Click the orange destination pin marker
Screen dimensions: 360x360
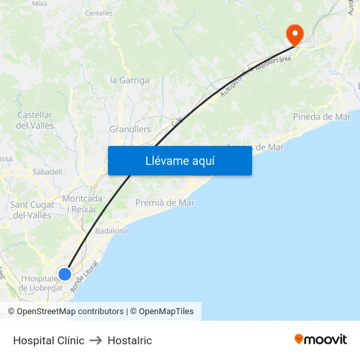pos(295,34)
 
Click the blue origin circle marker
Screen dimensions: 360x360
pos(65,274)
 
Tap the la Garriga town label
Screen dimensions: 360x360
pos(130,81)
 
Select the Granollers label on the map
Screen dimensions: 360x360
pos(130,130)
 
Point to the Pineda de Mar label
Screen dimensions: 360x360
pos(322,117)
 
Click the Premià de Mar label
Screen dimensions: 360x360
pos(165,203)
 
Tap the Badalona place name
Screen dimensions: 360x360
pos(111,231)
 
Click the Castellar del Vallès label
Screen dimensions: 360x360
pos(35,120)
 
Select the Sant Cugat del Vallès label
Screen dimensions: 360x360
pos(32,210)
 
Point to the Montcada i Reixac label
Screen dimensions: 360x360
pos(82,204)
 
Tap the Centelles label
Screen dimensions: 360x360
pos(99,12)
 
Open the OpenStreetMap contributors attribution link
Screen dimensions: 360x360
pos(70,312)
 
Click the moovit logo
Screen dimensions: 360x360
pos(321,340)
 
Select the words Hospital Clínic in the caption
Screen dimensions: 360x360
pos(49,340)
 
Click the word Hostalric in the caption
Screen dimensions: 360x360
pos(130,340)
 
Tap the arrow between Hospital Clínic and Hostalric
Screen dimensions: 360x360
pos(96,340)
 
